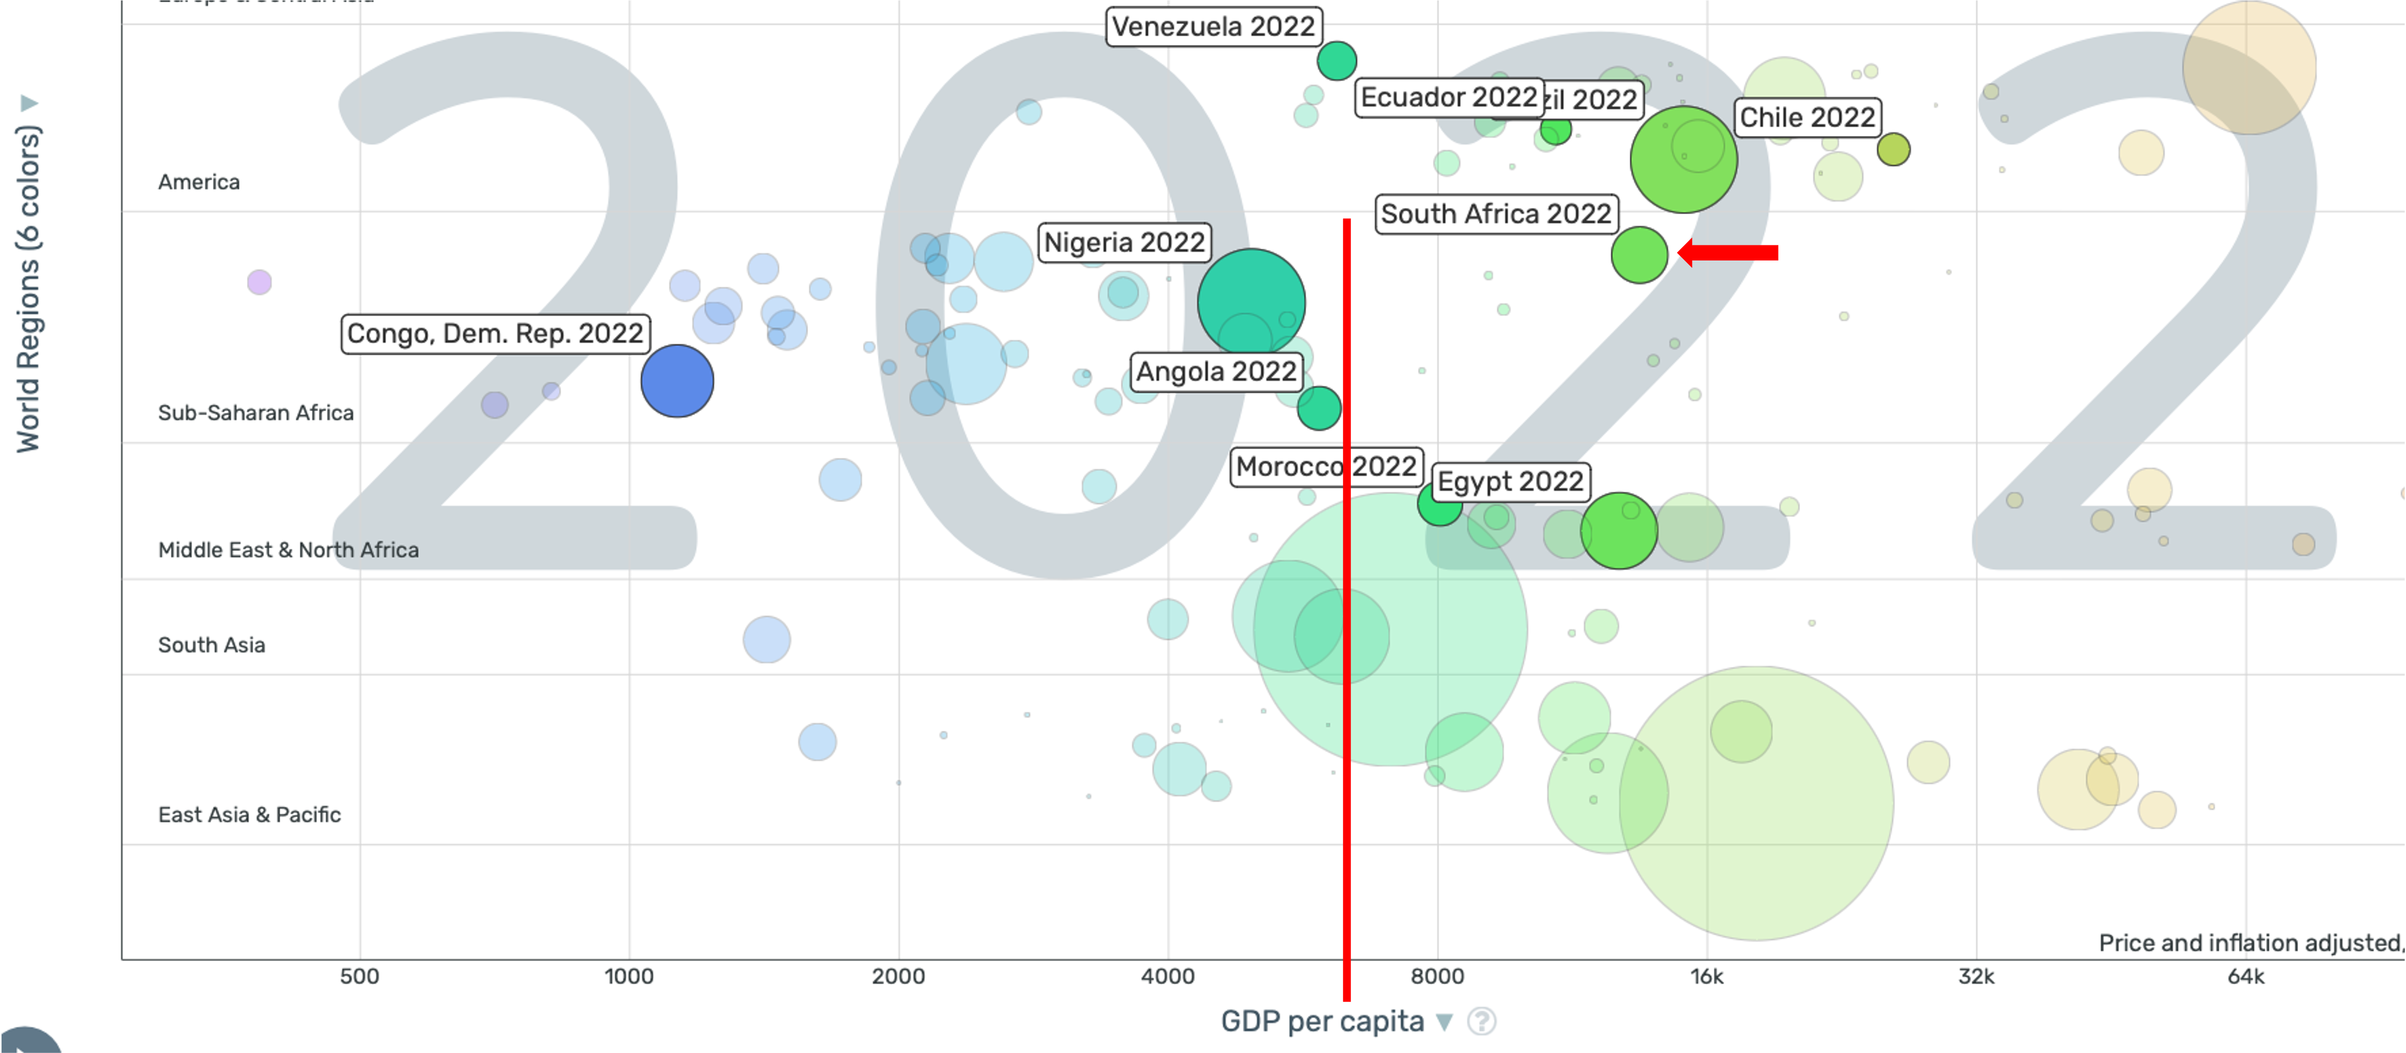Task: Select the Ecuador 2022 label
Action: (x=1448, y=97)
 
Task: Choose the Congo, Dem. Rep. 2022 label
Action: (x=495, y=334)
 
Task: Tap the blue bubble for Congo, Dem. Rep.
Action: (x=677, y=381)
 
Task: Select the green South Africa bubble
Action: (x=1639, y=254)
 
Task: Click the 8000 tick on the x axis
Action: (x=1436, y=977)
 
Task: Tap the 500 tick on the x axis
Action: (x=359, y=977)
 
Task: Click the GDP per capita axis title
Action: (x=1321, y=1021)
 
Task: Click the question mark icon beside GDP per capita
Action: (x=1481, y=1021)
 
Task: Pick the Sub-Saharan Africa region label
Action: (x=256, y=413)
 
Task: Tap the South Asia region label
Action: (x=212, y=645)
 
